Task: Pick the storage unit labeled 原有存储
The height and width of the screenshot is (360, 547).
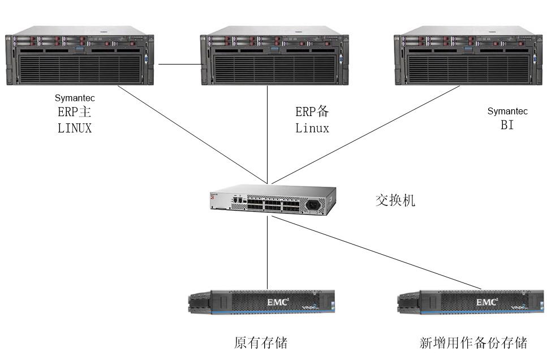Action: coord(261,303)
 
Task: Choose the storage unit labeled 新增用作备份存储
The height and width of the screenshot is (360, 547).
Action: coord(470,303)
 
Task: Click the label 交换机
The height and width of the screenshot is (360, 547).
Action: coord(395,200)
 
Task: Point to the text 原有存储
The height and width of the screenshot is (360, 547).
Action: coord(261,342)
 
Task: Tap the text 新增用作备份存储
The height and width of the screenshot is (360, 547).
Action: coord(473,342)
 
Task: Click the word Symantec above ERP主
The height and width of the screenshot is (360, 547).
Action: coord(75,98)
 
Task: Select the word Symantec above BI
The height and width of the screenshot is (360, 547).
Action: coord(507,112)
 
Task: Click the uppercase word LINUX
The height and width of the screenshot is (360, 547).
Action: coord(75,128)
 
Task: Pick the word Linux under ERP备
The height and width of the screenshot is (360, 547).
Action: coord(312,128)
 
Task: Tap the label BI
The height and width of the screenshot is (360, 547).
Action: coord(507,126)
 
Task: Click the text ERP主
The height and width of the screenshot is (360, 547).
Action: coord(75,112)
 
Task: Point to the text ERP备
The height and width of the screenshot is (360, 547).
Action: coord(312,112)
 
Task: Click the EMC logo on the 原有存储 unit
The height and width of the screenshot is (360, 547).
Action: coord(278,302)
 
